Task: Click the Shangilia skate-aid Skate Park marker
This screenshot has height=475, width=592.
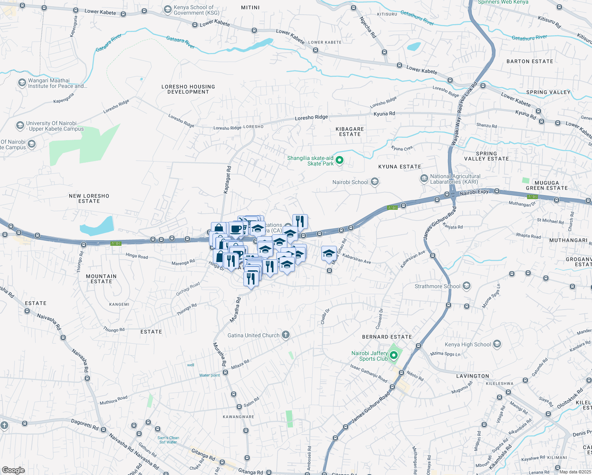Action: [x=339, y=160]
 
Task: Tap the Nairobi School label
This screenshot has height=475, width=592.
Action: [x=350, y=182]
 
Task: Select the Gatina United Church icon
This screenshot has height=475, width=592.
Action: [x=285, y=335]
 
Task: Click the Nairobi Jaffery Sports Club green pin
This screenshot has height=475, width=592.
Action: [x=393, y=355]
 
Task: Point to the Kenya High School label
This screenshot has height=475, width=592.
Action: [x=468, y=344]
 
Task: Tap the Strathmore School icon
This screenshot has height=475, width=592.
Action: [x=467, y=286]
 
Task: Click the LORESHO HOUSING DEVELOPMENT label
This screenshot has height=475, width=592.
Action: [x=188, y=89]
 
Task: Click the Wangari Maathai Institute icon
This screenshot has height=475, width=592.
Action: [x=22, y=83]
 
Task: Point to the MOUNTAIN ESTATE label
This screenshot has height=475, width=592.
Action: [x=101, y=279]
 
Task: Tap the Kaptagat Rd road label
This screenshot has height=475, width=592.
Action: [x=227, y=179]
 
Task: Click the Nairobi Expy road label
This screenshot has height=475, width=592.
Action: [x=474, y=192]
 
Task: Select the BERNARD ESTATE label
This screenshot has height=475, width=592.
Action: [x=387, y=337]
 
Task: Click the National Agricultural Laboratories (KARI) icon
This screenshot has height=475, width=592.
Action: [x=424, y=179]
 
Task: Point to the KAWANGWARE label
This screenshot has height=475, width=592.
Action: [x=238, y=417]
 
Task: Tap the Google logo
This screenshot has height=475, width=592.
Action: [x=13, y=470]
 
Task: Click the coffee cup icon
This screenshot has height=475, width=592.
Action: [x=236, y=229]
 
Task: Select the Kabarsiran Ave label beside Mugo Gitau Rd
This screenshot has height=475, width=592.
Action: [x=357, y=258]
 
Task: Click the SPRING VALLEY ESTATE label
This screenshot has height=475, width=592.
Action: [x=486, y=156]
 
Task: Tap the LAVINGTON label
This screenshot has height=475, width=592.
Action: [x=472, y=376]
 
